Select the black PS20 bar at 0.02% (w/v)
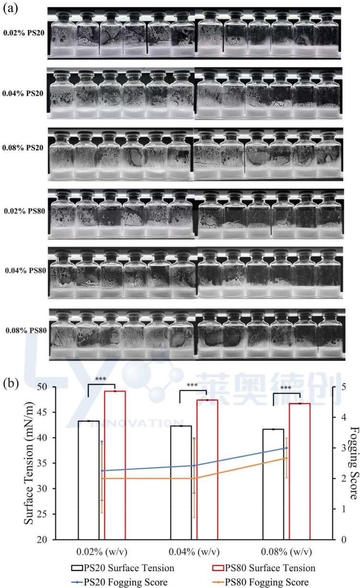point(88,480)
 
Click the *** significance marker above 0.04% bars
point(192,385)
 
